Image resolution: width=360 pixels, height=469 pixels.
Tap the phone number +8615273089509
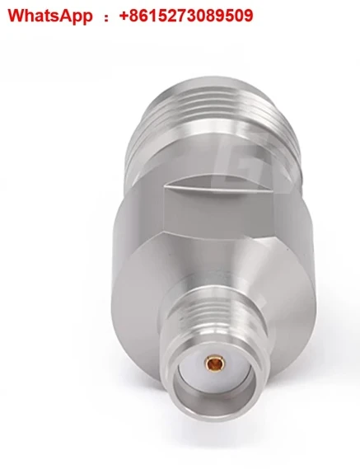coord(186,16)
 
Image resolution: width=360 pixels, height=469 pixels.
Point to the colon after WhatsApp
coord(105,16)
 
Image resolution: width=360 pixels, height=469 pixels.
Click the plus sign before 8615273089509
coord(124,16)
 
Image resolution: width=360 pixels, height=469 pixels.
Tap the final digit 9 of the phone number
coord(248,16)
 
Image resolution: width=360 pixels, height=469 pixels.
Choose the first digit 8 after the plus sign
coord(135,16)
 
